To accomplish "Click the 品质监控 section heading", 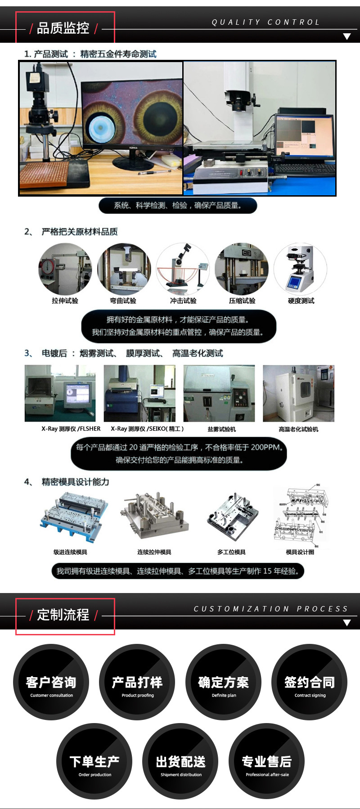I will pyautogui.click(x=63, y=28).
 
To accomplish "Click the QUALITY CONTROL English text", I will pyautogui.click(x=265, y=22).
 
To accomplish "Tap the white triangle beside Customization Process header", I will pyautogui.click(x=346, y=623).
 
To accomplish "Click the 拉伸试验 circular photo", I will pyautogui.click(x=65, y=269).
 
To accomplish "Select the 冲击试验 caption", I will pyautogui.click(x=183, y=301).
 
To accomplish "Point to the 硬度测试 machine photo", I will pyautogui.click(x=300, y=269).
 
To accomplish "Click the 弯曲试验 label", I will pyautogui.click(x=123, y=301).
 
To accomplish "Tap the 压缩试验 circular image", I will pyautogui.click(x=242, y=269).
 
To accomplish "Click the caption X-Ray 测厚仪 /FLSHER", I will pyautogui.click(x=71, y=429).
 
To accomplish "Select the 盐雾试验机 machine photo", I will pyautogui.click(x=219, y=393).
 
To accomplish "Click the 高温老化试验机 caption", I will pyautogui.click(x=298, y=429).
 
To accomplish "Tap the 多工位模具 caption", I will pyautogui.click(x=231, y=552).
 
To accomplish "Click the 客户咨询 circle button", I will pyautogui.click(x=51, y=682).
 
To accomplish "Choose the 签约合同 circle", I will pyautogui.click(x=310, y=682).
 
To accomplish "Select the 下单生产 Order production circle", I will pyautogui.click(x=94, y=761).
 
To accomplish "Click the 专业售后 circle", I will pyautogui.click(x=267, y=761).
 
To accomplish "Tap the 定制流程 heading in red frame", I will pyautogui.click(x=63, y=615).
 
